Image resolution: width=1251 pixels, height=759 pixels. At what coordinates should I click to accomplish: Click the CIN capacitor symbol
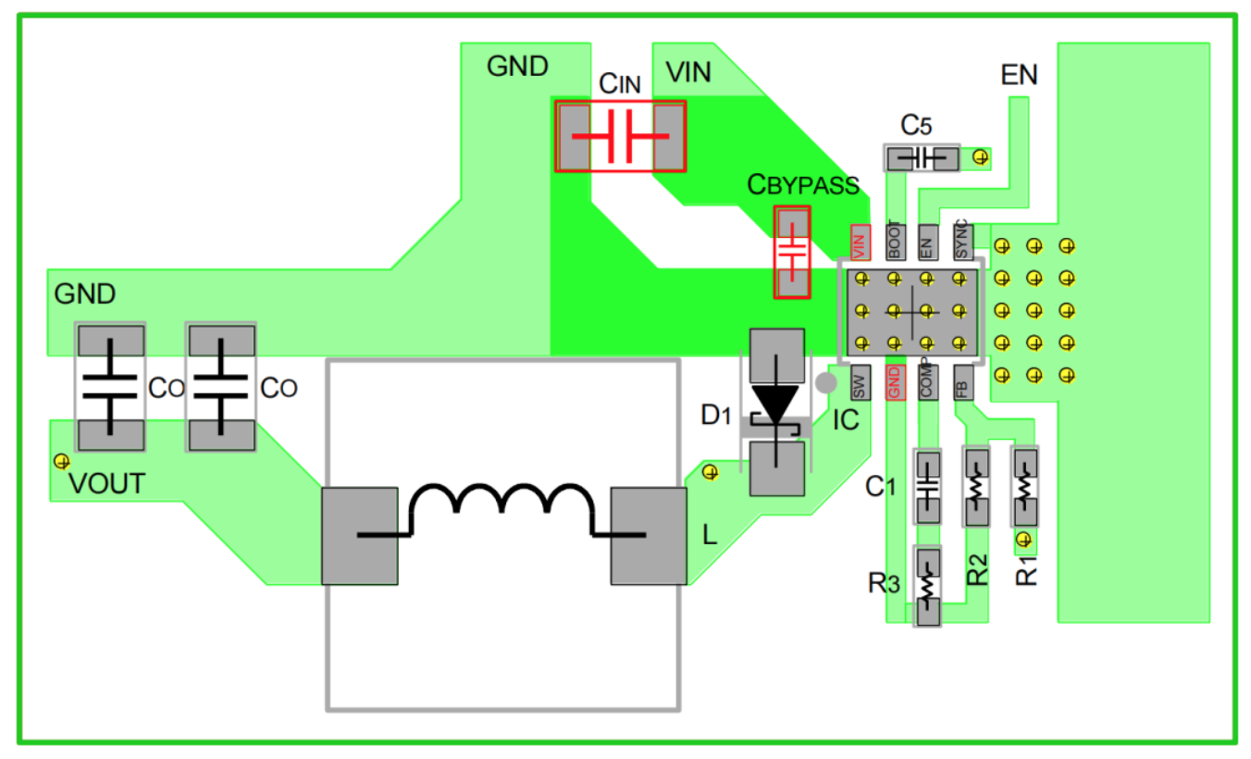click(x=621, y=136)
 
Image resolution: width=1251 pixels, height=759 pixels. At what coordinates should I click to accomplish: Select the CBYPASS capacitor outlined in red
click(x=792, y=253)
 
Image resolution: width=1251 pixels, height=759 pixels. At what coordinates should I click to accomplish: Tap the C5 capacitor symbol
click(x=923, y=158)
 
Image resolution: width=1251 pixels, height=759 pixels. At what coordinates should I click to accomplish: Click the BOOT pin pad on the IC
click(x=896, y=242)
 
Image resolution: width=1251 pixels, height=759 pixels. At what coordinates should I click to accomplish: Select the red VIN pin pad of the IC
click(x=861, y=242)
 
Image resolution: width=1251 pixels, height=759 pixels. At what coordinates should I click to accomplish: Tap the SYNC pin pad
click(x=963, y=242)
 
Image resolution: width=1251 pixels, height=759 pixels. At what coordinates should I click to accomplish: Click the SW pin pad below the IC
click(x=861, y=382)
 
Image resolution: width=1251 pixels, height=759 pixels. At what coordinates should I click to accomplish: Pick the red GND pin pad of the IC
click(x=896, y=382)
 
